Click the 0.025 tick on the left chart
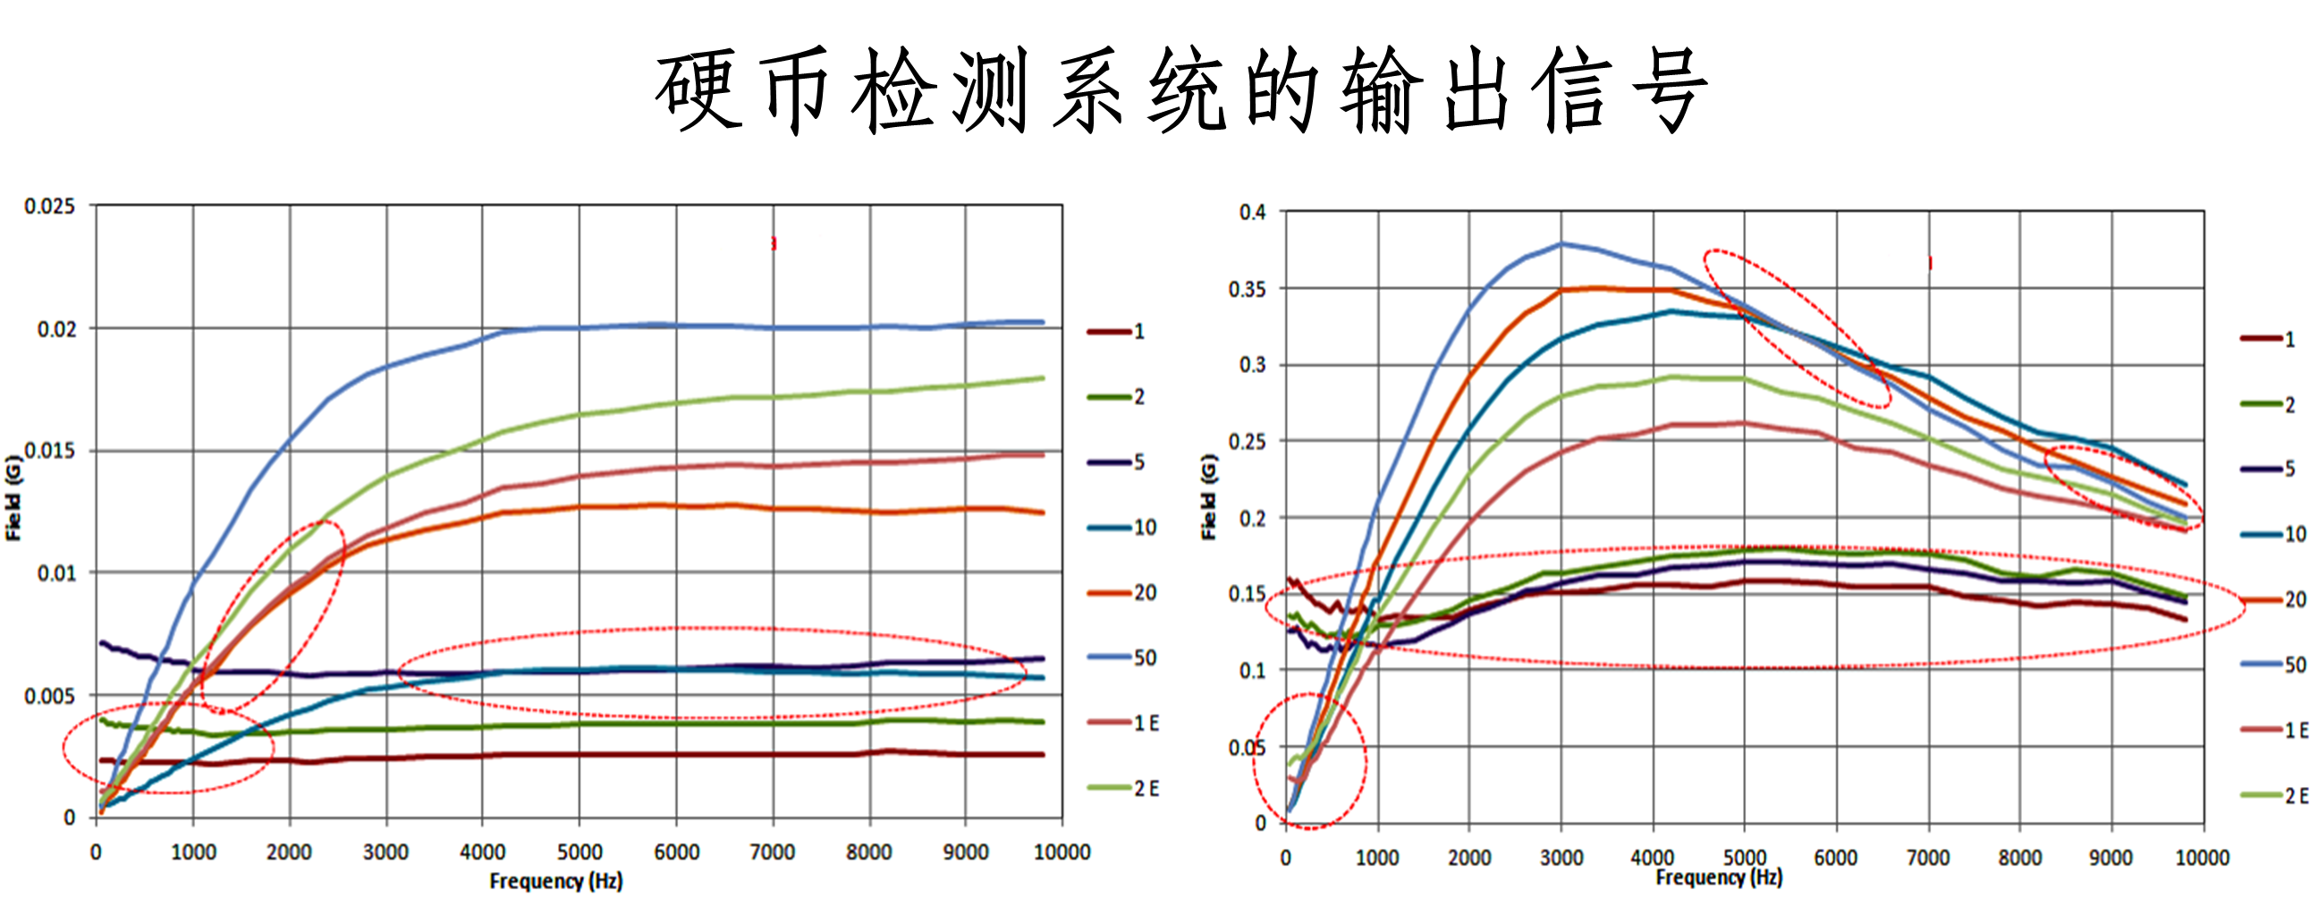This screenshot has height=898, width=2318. point(49,206)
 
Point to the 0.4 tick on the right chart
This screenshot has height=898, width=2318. point(1252,212)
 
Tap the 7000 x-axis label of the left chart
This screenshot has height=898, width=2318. point(772,851)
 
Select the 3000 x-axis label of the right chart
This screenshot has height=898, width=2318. point(1561,857)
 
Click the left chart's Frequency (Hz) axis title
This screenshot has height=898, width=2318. point(555,880)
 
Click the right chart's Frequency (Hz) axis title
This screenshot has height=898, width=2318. point(1719,877)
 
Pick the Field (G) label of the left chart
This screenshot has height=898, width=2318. point(13,497)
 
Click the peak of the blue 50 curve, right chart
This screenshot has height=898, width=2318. point(1561,243)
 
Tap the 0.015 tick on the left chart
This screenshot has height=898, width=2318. point(49,451)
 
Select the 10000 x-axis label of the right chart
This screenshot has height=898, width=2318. point(2202,857)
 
